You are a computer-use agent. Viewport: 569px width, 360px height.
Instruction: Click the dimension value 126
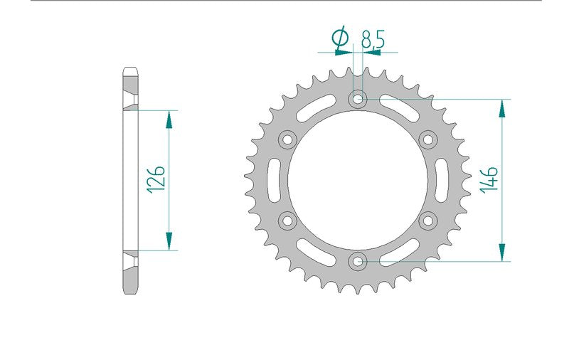click(x=156, y=179)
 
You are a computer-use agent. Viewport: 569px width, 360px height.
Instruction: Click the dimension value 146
click(x=489, y=179)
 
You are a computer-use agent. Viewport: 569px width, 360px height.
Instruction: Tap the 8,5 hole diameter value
click(x=373, y=40)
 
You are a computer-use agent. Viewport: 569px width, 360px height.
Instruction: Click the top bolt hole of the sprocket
click(x=358, y=98)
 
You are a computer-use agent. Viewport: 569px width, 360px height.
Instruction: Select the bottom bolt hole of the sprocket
click(x=358, y=261)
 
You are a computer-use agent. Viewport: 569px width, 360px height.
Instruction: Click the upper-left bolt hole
click(x=287, y=139)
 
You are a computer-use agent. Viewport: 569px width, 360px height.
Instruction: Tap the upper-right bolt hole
click(x=428, y=139)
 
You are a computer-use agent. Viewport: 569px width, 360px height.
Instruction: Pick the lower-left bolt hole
click(x=287, y=221)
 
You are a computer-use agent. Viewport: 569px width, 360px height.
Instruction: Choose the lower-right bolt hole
click(x=428, y=221)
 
